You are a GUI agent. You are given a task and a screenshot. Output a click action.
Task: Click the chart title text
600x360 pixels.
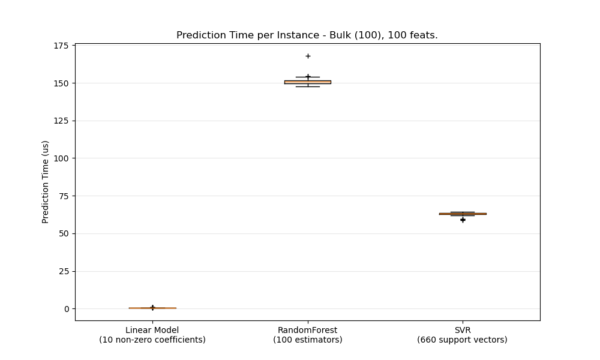[x=307, y=35]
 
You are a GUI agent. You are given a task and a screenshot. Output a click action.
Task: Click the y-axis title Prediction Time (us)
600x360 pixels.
[x=46, y=182]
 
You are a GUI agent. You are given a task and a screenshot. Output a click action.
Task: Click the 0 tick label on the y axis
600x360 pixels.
[x=67, y=309]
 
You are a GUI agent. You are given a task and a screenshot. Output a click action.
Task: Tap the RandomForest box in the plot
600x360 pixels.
[x=308, y=82]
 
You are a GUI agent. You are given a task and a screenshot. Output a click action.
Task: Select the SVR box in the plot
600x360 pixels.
[x=463, y=214]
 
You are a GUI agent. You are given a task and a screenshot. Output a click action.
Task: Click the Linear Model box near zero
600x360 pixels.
[x=152, y=308]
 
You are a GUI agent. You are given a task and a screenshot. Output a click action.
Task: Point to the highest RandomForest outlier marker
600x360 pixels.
[x=308, y=56]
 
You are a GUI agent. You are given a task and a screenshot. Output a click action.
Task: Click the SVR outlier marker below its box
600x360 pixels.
[x=463, y=220]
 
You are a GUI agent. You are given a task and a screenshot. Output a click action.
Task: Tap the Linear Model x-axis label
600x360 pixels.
[x=152, y=335]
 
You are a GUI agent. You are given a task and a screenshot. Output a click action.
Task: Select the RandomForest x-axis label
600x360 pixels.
[x=308, y=335]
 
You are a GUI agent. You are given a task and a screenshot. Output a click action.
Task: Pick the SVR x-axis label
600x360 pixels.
[x=463, y=335]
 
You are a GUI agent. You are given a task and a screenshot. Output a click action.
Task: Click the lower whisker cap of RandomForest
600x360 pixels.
[x=308, y=86]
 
